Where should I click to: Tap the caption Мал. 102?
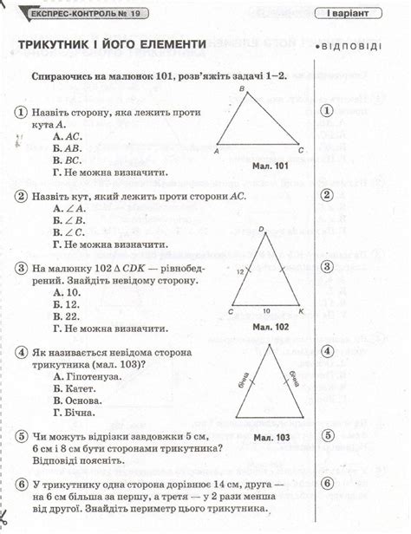pos(271,327)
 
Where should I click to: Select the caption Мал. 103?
pos(271,438)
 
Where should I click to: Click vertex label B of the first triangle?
pos(243,89)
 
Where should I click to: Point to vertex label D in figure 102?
pos(261,229)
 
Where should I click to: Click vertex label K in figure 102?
pos(301,310)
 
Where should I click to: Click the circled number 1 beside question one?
pos(20,113)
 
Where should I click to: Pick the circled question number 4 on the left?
pos(20,353)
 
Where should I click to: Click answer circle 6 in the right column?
pos(327,483)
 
